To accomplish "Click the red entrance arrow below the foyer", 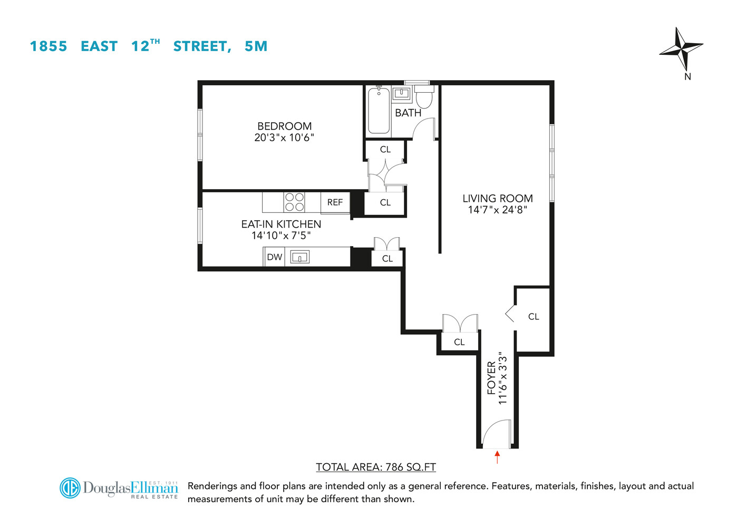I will coord(497,456).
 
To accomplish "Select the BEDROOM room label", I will coord(284,126).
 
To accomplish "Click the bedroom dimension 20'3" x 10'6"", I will coord(284,138).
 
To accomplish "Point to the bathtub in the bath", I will coord(379,111).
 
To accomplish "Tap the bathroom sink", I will coord(402,94).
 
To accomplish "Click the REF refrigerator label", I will coord(335,202).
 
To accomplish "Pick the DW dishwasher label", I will coord(274,257).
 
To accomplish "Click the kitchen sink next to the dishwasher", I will coord(299,257).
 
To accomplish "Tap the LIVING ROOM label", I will coord(498,198).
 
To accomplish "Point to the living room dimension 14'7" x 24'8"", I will coord(498,210).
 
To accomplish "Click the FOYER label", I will coord(491,377).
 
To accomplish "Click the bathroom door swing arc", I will coord(423,129).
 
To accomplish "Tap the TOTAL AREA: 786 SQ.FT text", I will coord(376,467).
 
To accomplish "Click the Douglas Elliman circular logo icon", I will coord(70,488).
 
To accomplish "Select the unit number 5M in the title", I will coord(256,46).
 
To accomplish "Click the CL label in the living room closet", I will coord(534,317).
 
